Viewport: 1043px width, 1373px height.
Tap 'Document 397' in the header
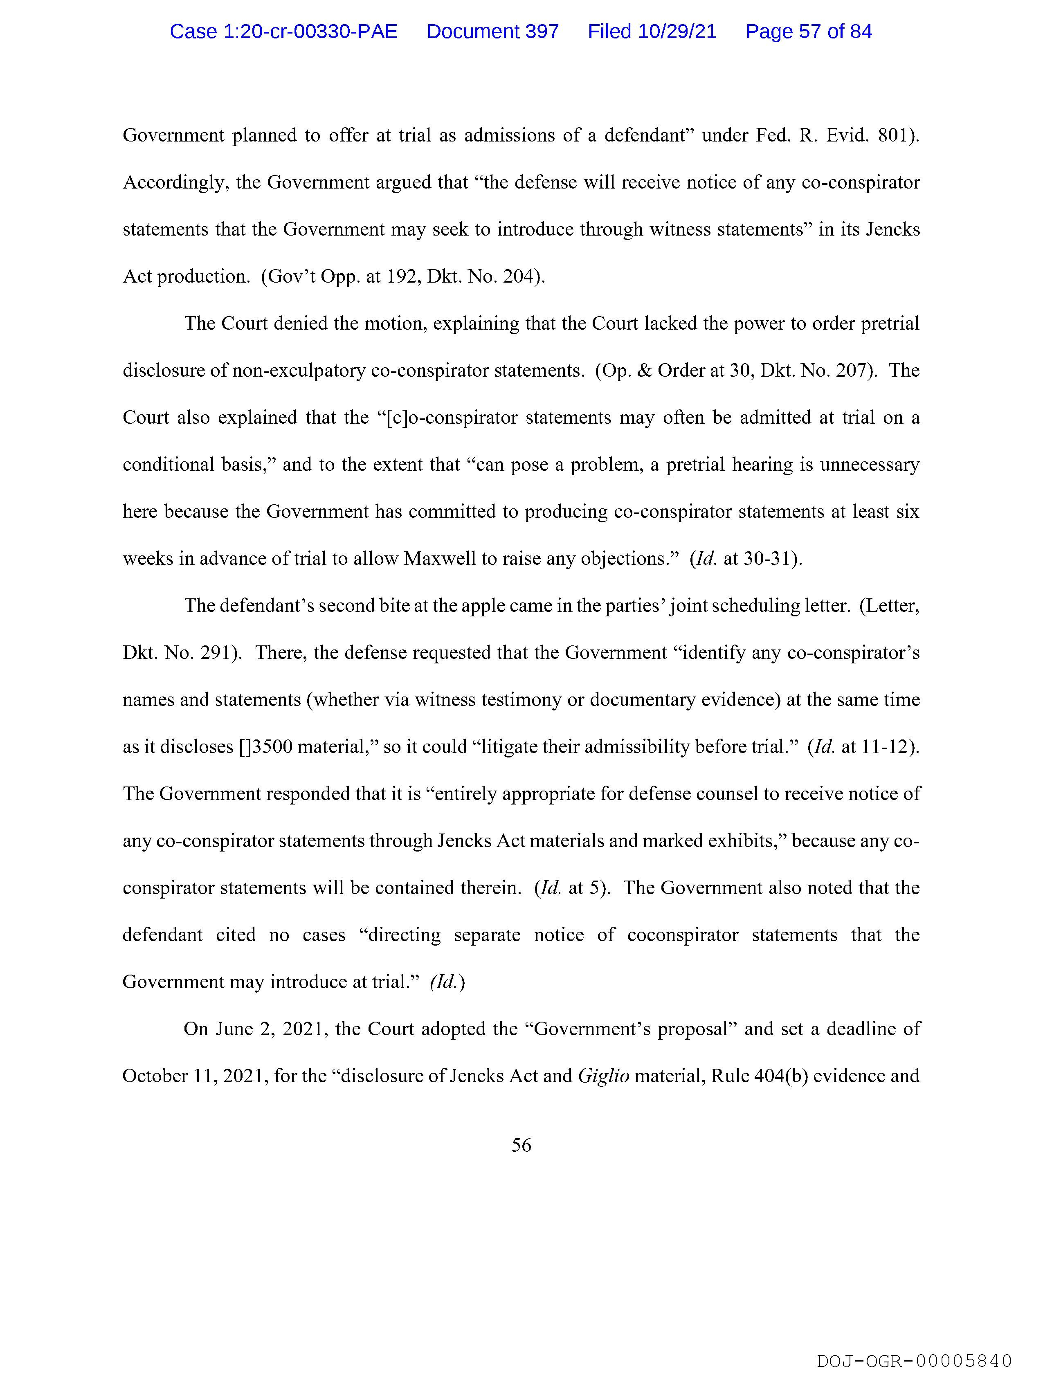pos(492,31)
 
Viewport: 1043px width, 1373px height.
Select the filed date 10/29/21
pos(677,31)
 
